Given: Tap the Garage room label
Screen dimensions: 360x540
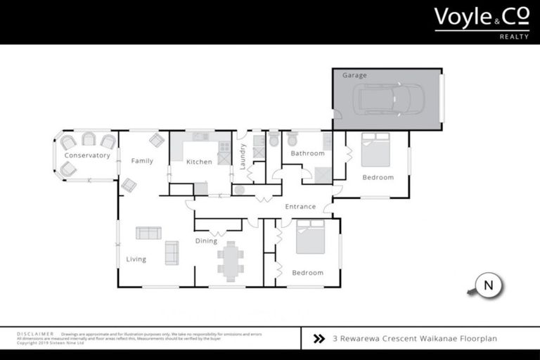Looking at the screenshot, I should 354,75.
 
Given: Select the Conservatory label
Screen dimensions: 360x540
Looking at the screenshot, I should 87,155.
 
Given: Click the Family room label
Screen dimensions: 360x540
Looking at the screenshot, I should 142,161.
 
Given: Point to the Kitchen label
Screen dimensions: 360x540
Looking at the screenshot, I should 199,162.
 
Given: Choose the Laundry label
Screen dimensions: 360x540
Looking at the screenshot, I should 243,156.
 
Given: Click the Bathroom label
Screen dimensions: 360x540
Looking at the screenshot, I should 308,153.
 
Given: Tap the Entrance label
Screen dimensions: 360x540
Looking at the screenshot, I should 300,207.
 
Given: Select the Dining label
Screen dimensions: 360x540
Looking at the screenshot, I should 206,241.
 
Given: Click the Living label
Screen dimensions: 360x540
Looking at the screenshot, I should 136,259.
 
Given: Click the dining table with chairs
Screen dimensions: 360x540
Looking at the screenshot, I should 230,258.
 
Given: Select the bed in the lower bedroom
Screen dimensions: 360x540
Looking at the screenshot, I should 310,238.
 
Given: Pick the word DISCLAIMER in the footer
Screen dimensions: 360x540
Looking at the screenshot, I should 36,334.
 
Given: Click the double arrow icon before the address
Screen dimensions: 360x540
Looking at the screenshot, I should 319,338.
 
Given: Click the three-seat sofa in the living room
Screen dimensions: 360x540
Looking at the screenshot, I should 148,233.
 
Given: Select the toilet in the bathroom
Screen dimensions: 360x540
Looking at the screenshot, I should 292,139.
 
